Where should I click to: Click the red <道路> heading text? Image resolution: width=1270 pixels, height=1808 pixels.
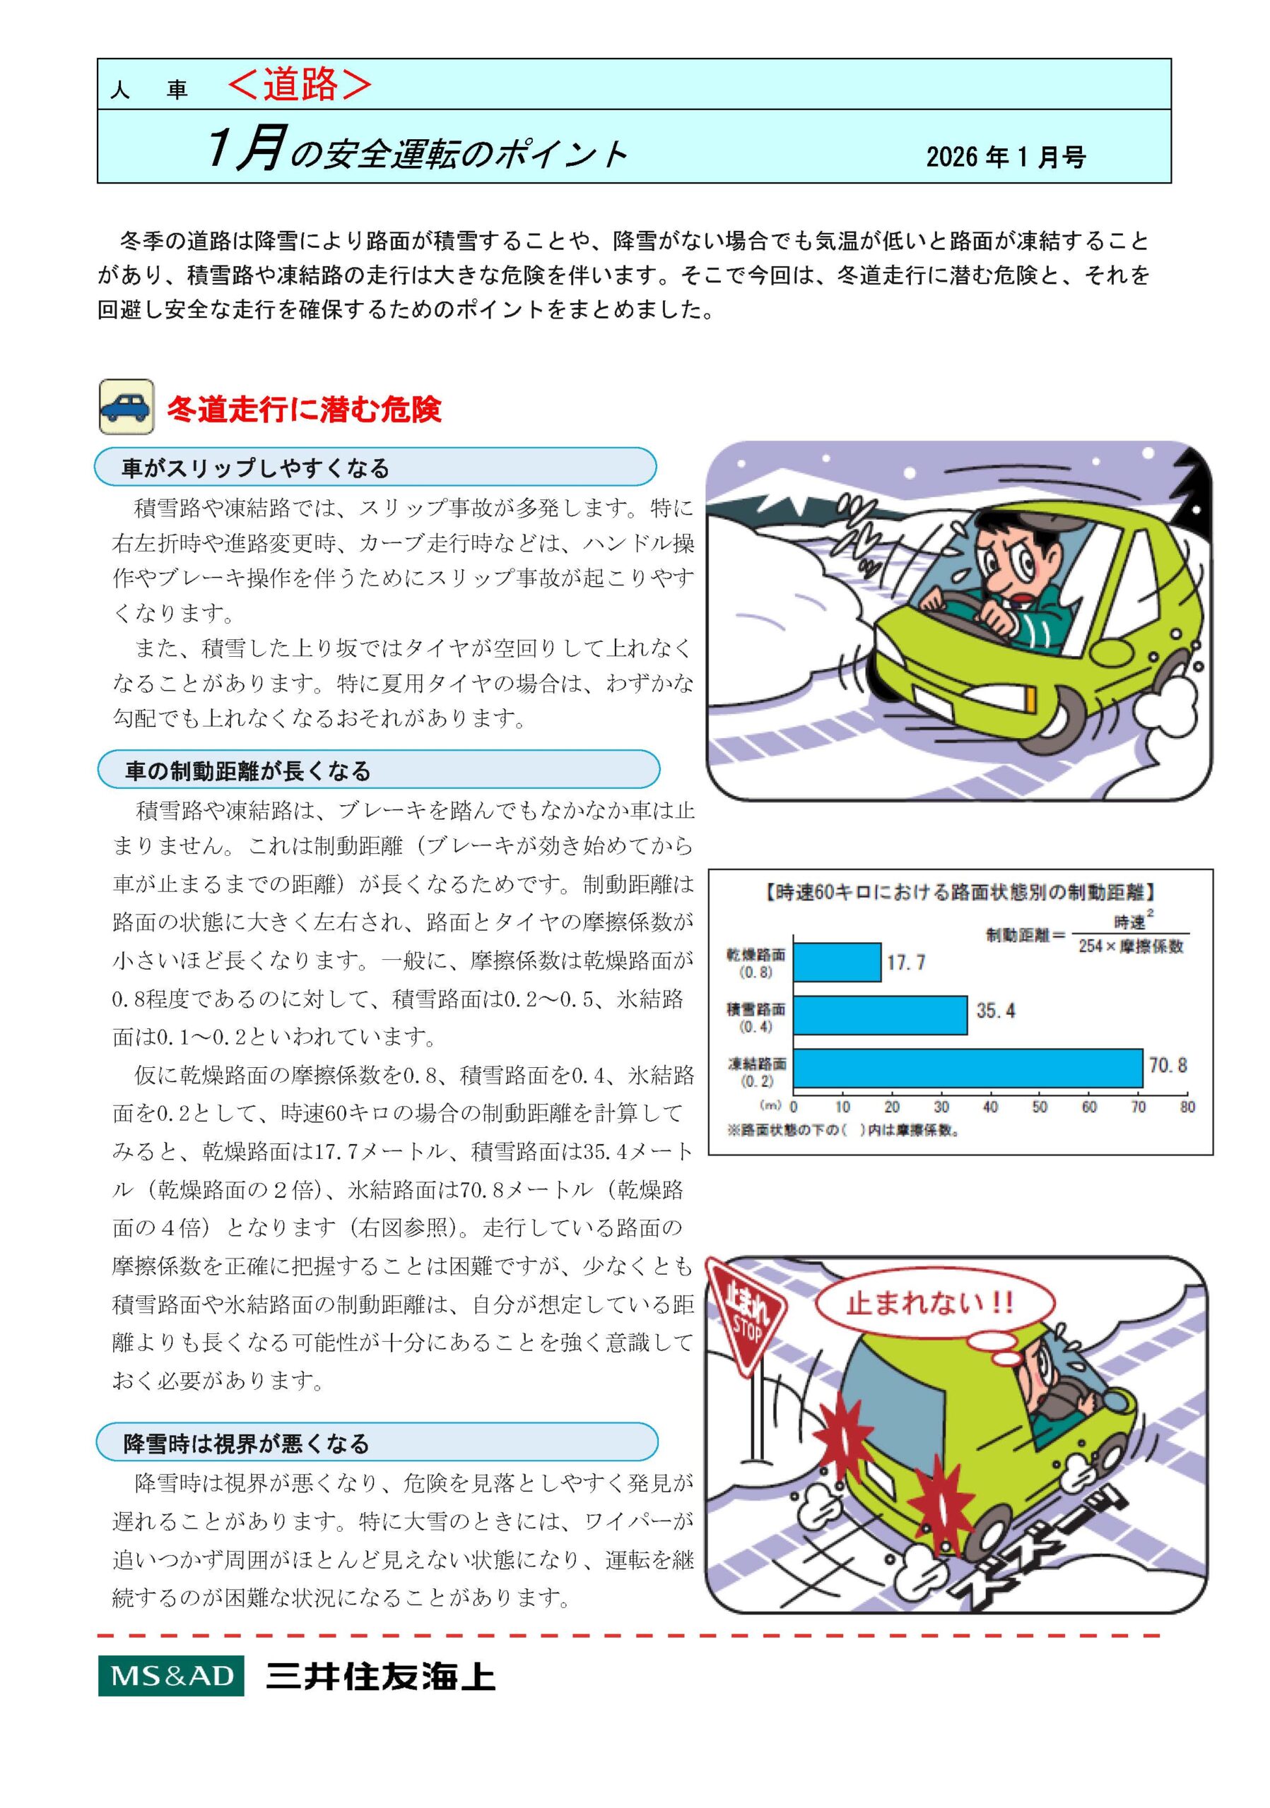coord(300,84)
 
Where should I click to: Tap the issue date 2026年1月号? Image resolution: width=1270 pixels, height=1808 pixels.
coord(1005,157)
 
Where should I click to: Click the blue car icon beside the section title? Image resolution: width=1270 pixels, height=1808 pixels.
coord(126,406)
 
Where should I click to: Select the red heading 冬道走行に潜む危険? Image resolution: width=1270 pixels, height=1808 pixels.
coord(304,410)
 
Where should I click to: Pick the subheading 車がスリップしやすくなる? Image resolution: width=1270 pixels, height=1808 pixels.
coord(256,468)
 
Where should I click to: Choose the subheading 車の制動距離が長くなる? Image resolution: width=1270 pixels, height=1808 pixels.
coord(248,771)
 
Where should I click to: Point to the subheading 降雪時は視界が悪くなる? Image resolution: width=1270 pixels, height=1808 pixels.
coord(247,1444)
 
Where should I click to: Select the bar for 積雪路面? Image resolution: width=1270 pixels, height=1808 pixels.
coord(880,1015)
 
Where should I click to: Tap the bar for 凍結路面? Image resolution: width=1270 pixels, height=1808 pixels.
coord(968,1069)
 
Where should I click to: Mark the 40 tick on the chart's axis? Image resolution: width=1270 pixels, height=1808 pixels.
coord(990,1107)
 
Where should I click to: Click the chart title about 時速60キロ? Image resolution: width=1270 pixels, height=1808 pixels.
coord(960,892)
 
